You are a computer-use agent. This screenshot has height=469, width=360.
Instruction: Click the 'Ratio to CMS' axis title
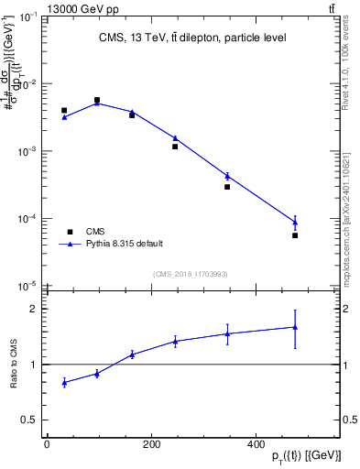14,365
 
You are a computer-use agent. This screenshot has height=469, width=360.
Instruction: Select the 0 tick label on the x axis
47,444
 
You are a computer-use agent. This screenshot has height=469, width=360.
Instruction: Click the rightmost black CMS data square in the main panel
295,235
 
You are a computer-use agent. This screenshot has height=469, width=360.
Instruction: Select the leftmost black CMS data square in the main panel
64,110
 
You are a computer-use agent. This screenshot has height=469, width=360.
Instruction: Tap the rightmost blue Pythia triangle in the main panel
295,221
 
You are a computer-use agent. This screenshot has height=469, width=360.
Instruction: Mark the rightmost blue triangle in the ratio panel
295,327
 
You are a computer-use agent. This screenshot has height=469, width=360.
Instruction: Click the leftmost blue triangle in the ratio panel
64,382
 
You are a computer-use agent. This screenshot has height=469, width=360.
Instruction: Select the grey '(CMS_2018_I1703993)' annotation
190,274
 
